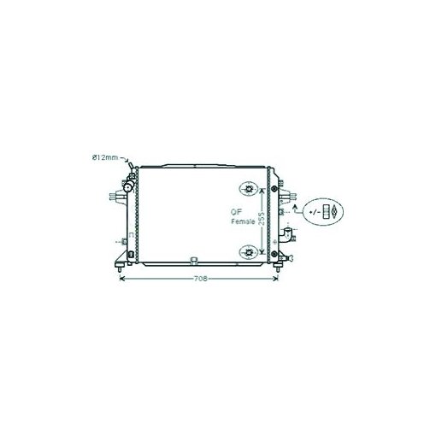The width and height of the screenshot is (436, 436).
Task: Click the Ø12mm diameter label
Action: click(x=105, y=157)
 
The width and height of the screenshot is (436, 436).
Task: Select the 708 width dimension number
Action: click(x=201, y=279)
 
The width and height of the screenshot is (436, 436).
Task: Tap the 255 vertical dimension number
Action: click(x=262, y=219)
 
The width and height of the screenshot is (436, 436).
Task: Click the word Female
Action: click(x=243, y=221)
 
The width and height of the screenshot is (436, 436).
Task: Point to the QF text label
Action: click(x=236, y=212)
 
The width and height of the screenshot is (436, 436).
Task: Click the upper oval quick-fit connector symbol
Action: click(x=249, y=189)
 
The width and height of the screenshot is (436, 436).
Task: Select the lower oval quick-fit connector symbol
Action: click(x=249, y=252)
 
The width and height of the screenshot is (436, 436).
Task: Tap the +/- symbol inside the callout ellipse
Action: click(x=315, y=212)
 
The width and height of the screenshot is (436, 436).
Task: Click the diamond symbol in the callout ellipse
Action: click(x=334, y=212)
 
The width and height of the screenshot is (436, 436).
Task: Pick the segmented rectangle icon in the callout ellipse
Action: click(x=326, y=212)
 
